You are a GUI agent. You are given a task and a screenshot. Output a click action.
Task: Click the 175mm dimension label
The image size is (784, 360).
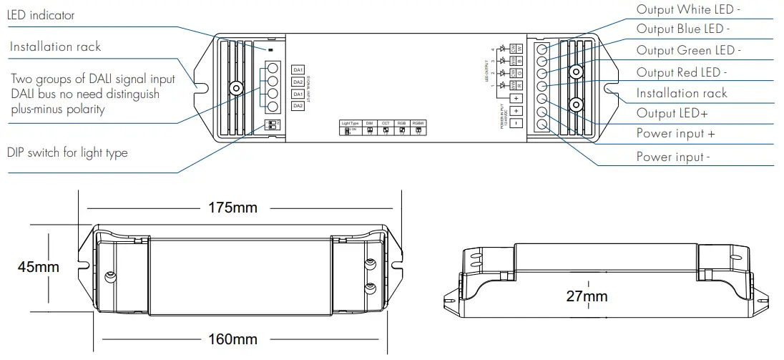pos(232,208)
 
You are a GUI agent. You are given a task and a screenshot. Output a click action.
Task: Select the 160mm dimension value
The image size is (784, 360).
pos(233,339)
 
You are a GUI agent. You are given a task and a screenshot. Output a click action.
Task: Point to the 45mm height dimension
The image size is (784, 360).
pos(39,267)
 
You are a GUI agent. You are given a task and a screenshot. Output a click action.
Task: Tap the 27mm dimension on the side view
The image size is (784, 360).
pos(587,296)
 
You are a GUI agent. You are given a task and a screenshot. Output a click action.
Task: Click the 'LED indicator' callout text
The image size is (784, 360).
pos(41,15)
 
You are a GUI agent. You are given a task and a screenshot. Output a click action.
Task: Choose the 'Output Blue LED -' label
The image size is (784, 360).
pos(683,30)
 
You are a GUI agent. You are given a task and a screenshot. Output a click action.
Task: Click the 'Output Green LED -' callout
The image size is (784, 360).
pos(688,51)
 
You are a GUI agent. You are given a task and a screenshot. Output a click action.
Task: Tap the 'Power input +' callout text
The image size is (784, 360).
pos(675,134)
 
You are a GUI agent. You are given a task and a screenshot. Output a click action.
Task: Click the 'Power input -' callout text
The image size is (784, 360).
pos(673,157)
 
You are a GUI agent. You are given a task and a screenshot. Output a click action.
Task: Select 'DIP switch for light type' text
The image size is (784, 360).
pos(67,152)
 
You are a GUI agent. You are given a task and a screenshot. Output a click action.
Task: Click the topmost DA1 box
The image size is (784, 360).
pos(298,69)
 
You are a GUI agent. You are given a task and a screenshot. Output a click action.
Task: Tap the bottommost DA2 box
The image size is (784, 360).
pos(298,106)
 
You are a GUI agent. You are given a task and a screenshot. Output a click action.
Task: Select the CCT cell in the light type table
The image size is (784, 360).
pos(386,124)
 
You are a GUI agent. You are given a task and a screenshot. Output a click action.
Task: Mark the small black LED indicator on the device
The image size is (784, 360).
pos(271,50)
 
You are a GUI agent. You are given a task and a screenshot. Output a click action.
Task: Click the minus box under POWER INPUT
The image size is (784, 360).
pos(515,123)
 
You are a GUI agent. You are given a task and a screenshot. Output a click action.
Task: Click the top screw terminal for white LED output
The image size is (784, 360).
pos(542,49)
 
